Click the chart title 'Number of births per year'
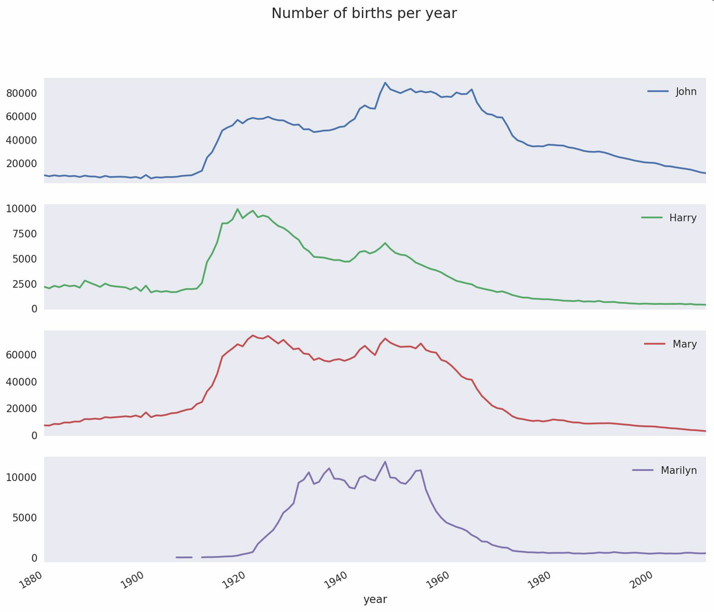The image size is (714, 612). pos(364,13)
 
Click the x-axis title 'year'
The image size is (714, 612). pos(375,599)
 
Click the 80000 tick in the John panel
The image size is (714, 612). pos(21,93)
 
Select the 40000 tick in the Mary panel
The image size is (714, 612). pos(21,381)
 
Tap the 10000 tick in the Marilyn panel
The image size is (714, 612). pos(21,477)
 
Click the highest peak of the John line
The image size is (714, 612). pos(385,83)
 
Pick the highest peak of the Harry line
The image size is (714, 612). pos(237,209)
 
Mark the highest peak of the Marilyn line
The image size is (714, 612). pos(385,462)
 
